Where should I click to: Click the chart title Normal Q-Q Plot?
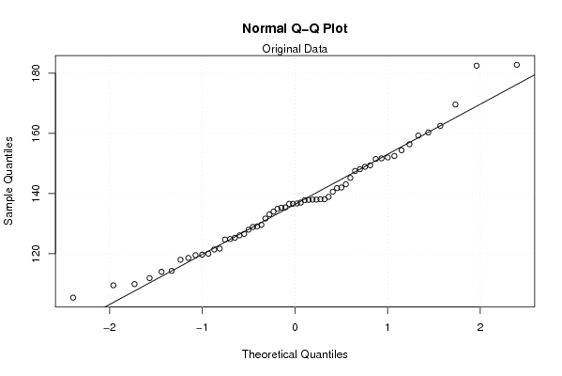point(295,28)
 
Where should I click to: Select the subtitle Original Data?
point(295,49)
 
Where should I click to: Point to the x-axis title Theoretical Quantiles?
point(295,354)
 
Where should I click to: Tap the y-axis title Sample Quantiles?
point(8,181)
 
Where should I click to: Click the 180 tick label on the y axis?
point(36,73)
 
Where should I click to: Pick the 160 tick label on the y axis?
point(36,133)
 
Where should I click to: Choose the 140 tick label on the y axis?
point(36,194)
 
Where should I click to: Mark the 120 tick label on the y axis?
point(36,253)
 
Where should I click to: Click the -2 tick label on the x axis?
point(110,327)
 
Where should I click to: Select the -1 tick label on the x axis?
point(202,327)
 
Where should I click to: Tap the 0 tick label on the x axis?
point(295,327)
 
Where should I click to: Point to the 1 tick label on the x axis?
point(387,327)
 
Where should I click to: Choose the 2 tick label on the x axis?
point(480,327)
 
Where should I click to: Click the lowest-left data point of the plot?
point(73,297)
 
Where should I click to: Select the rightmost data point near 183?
point(516,65)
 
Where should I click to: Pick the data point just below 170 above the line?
point(455,104)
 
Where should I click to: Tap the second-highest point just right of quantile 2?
point(477,66)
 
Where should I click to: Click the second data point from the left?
point(114,285)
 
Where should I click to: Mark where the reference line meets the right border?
point(535,74)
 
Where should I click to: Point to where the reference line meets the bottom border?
point(106,306)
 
